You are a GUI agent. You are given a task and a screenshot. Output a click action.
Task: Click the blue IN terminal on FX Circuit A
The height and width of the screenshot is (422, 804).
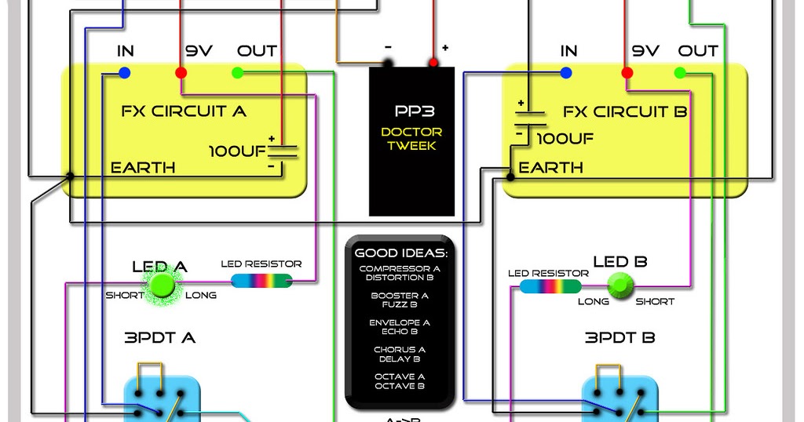point(124,73)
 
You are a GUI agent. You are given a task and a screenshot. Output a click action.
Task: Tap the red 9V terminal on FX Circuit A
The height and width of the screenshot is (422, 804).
point(181,73)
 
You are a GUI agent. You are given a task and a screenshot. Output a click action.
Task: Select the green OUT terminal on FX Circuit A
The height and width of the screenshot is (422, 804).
point(238,73)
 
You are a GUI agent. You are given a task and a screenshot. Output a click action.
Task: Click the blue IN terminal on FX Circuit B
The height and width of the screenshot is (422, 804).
point(566,73)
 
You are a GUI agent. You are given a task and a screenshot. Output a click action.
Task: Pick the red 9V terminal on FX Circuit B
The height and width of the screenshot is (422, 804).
point(627,73)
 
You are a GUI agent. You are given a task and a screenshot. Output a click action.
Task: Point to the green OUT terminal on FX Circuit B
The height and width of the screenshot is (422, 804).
point(680,73)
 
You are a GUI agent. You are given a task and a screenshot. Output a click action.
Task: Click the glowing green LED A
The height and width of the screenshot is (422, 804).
point(162,283)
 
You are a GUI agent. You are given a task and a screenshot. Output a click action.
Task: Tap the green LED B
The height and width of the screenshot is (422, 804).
point(620,285)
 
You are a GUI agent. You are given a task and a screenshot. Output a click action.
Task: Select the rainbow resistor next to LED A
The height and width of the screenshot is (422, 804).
point(266,280)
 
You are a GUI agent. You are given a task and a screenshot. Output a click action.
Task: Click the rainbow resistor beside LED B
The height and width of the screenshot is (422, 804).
point(550,286)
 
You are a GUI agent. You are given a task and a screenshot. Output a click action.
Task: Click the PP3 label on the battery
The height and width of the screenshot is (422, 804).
point(412,111)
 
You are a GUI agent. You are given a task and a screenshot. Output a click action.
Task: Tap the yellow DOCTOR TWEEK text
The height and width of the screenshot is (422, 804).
point(412,139)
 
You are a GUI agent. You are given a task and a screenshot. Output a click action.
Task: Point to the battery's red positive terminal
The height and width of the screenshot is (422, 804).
point(433,62)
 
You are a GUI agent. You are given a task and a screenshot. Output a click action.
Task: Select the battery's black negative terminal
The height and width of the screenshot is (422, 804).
point(388,62)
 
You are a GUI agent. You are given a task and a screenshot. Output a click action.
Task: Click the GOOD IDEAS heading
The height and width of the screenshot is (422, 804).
point(400,253)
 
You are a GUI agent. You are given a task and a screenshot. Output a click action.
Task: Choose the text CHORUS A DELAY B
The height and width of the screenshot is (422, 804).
point(400,355)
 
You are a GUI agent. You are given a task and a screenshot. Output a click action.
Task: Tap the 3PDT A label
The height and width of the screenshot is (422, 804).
point(160,338)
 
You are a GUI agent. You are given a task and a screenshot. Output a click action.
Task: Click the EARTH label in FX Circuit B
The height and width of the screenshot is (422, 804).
point(550,168)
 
